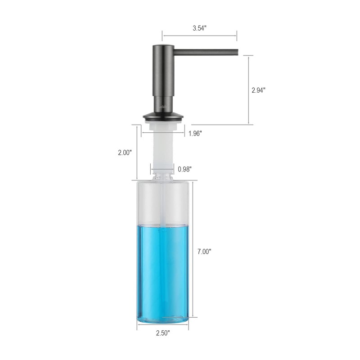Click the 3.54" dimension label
tap(199, 28)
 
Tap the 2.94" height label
tap(258, 90)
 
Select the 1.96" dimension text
tap(195, 133)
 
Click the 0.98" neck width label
tap(184, 169)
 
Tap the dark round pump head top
tap(162, 47)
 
